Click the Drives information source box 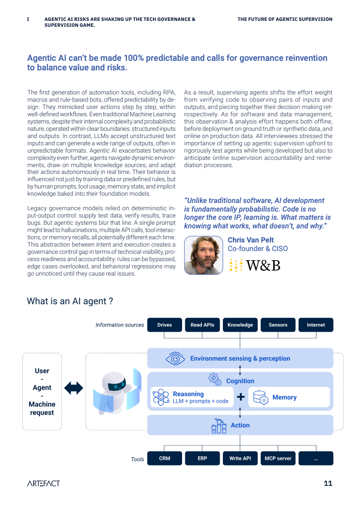164,325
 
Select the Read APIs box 202,325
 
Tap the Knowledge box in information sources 240,325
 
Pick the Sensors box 278,325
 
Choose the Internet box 316,325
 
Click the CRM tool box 164,458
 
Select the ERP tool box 202,458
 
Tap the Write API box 240,458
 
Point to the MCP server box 278,458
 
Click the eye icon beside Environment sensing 175,359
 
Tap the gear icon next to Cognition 214,378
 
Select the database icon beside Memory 260,397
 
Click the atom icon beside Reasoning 160,397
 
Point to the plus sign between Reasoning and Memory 241,397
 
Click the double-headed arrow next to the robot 74,388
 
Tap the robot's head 115,384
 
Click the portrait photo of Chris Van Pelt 203,256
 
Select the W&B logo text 263,265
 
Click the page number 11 328,483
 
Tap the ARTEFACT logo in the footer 43,483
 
